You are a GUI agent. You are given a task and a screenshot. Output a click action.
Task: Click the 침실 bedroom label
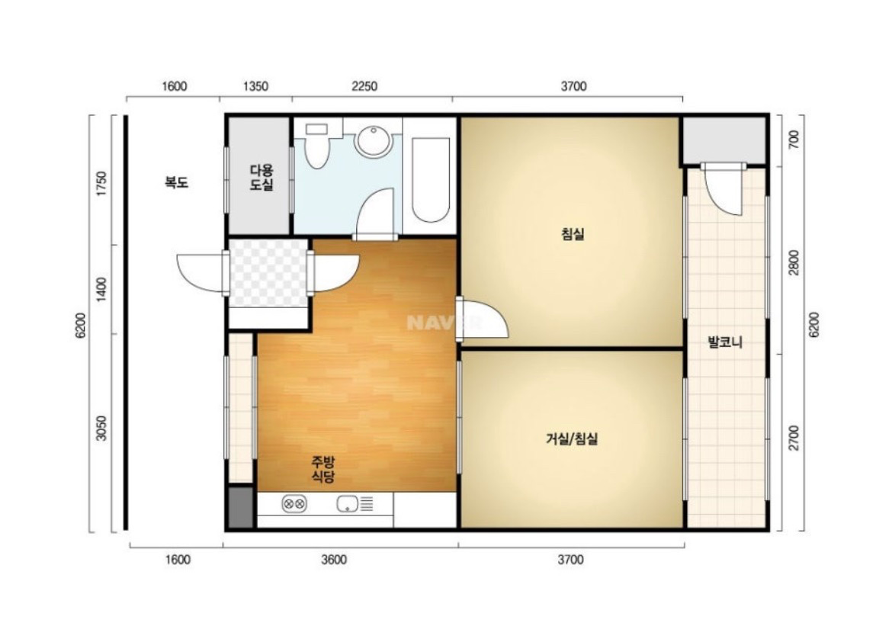coord(573,234)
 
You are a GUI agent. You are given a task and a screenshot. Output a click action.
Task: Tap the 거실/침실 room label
coord(572,438)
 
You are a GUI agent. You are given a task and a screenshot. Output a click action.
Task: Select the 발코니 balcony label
coord(725,342)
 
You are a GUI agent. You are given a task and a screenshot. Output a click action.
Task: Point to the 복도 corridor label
coord(176,183)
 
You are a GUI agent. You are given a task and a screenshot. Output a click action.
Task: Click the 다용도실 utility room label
coord(262,177)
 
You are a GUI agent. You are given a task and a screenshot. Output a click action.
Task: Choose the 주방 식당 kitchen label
coord(322,469)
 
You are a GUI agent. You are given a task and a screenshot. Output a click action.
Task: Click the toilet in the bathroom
coord(316,146)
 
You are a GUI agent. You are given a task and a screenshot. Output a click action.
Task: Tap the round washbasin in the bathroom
coord(373,140)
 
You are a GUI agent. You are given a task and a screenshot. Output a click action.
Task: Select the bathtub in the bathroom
coord(431,178)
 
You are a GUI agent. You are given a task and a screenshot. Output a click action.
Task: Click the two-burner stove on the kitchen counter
coord(294,503)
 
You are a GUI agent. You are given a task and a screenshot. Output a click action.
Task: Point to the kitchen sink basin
coord(346,503)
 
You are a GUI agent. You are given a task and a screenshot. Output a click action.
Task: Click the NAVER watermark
coord(444,323)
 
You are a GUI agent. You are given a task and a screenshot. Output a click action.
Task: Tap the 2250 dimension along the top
coord(364,86)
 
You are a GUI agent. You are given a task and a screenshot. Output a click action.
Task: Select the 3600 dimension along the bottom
coord(333,560)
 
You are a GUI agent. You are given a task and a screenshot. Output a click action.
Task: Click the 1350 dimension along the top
coord(255,86)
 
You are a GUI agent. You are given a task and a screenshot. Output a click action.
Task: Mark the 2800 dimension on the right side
coord(794,262)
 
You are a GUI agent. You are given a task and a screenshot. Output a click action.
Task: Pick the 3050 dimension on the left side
coord(101,428)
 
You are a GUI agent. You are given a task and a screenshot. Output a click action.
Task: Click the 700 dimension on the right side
coord(794,140)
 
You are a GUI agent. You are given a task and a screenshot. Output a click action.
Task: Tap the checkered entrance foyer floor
coord(268,273)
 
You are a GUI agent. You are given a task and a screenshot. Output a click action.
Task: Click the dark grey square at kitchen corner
coord(241,507)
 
